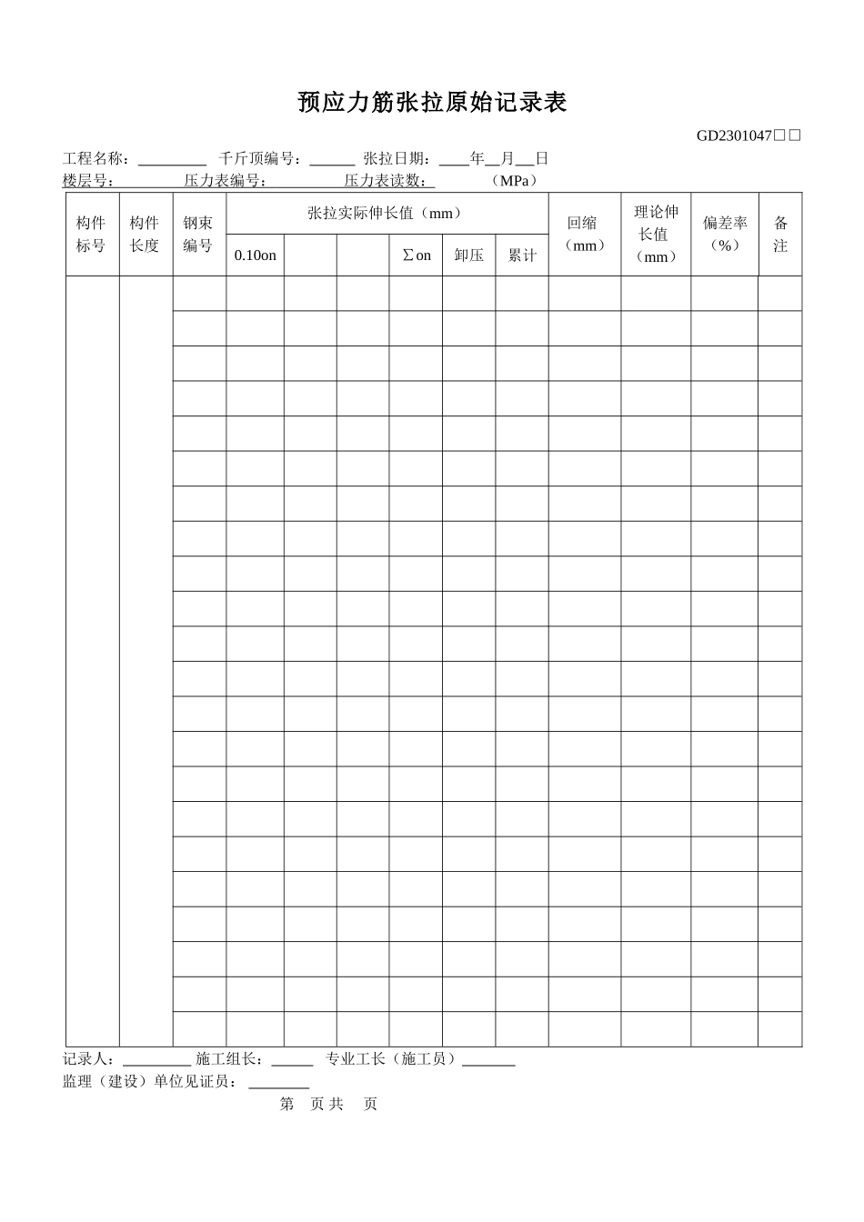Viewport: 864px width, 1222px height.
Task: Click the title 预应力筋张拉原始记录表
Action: [432, 103]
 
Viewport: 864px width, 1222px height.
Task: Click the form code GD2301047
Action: [734, 136]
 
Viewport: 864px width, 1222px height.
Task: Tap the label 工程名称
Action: [95, 159]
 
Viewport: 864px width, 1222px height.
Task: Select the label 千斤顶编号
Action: [259, 159]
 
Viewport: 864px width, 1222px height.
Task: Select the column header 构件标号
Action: [92, 235]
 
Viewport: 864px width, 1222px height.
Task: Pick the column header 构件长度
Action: [145, 235]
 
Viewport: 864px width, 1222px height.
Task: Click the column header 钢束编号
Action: [198, 235]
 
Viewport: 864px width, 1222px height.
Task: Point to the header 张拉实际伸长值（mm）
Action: [386, 214]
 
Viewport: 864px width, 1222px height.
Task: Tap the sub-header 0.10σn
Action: [255, 255]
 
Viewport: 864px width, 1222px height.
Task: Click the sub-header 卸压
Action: [468, 255]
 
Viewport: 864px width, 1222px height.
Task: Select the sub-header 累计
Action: [521, 255]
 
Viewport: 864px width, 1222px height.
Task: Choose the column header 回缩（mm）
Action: [584, 235]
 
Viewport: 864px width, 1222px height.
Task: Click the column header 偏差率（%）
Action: [724, 235]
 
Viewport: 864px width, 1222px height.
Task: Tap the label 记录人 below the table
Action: [88, 1059]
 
